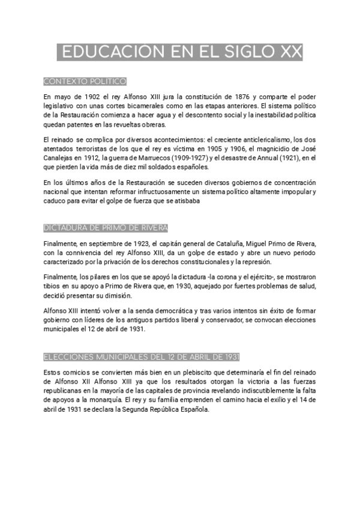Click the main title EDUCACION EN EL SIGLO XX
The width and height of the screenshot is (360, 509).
coord(179,52)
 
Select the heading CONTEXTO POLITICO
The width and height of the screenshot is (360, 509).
coord(85,81)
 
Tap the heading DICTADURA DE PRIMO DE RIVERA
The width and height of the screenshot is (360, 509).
coord(106,228)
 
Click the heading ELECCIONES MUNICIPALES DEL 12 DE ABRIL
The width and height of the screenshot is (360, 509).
coord(142,357)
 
